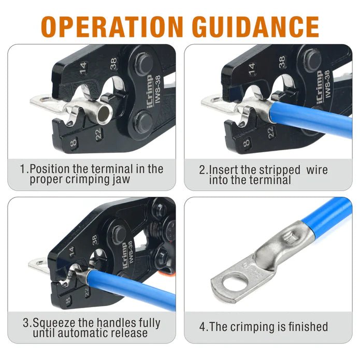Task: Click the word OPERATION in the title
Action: pos(112,26)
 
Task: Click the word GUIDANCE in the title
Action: pos(255,26)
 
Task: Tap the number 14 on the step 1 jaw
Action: pos(83,68)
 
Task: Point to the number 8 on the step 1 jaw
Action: pos(73,143)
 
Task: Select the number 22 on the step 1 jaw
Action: pos(98,134)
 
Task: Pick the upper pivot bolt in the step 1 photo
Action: pos(143,64)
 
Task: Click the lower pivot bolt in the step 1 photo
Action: pos(143,122)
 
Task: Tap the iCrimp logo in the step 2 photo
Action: pos(320,90)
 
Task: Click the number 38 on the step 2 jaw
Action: pos(282,63)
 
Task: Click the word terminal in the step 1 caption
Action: pos(112,169)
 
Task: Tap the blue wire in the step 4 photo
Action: pos(327,217)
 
